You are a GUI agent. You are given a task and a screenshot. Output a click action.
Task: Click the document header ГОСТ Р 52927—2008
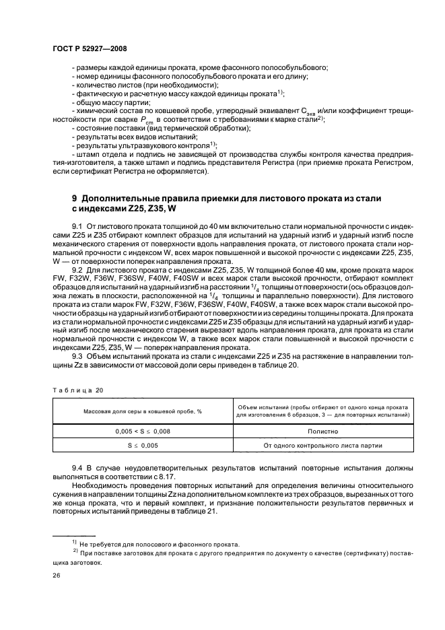click(x=89, y=49)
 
